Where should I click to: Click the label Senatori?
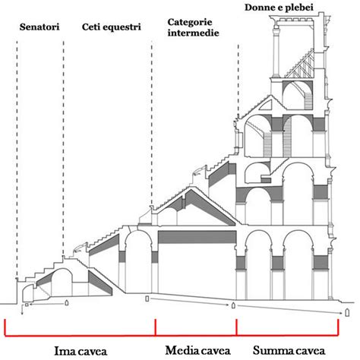tap(39, 27)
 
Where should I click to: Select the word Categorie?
tap(190, 22)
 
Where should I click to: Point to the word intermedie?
tap(193, 33)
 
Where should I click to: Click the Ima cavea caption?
tap(81, 352)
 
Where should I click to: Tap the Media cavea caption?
tap(197, 351)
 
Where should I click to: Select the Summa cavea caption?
tap(289, 351)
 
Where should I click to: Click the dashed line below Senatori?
tap(17, 159)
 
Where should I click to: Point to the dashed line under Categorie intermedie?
tap(152, 123)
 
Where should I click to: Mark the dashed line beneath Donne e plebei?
tap(238, 81)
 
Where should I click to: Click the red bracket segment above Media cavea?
tap(196, 336)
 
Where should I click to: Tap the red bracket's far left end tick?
tap(5, 328)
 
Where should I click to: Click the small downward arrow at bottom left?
tap(22, 310)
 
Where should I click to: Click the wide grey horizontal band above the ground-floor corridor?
tap(197, 237)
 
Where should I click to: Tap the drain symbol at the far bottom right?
tap(347, 313)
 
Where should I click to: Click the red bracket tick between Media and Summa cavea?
tap(236, 327)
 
